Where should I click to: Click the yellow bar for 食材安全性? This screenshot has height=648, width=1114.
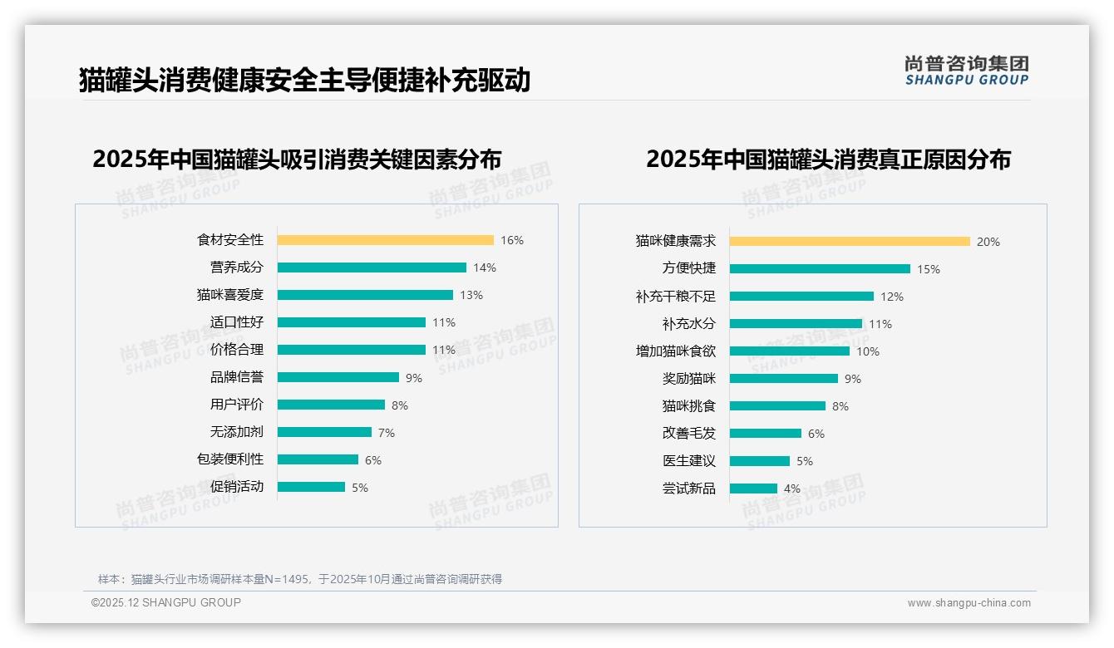point(385,240)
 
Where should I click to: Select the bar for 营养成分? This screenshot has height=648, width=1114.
point(372,268)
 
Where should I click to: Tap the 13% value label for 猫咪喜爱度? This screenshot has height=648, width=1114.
point(471,295)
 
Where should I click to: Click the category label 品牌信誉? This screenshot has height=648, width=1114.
point(236,377)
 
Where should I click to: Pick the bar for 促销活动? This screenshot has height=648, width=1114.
point(311,487)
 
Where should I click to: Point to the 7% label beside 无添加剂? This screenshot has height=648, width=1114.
point(386,433)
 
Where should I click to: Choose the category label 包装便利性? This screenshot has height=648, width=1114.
point(229,459)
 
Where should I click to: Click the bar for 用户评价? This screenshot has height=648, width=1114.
point(331,405)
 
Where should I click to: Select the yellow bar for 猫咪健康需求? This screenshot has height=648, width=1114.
point(850,242)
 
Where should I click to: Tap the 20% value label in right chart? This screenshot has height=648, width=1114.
point(988,242)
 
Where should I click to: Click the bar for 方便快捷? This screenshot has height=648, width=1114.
point(820,269)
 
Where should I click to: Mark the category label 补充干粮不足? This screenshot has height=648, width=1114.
point(675,297)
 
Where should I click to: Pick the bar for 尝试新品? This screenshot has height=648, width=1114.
point(753,488)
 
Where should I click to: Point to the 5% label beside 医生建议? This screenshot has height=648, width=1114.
point(805,461)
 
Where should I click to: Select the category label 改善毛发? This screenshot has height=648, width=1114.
point(688,434)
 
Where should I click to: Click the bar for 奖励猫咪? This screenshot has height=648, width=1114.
point(783,379)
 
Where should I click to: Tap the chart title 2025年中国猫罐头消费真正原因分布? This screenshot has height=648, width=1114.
point(828,160)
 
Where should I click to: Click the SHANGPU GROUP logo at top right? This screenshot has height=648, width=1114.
point(966,71)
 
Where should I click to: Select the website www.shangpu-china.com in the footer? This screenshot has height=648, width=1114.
point(969,603)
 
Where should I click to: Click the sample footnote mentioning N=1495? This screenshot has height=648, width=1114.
point(300,579)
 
